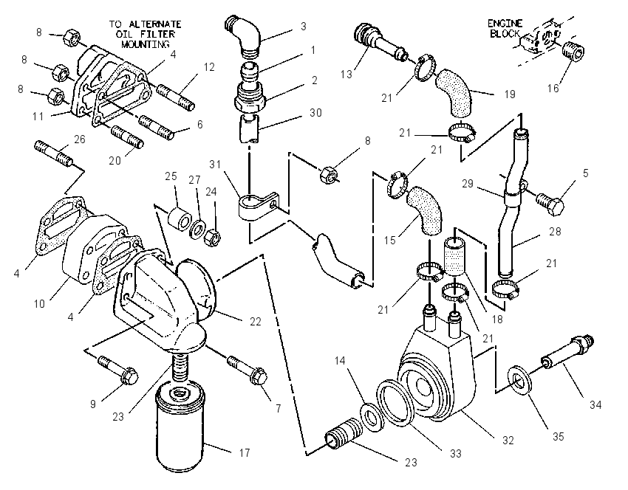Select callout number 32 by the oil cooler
pyautogui.click(x=508, y=441)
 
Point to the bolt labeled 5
pyautogui.click(x=550, y=204)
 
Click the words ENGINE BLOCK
pyautogui.click(x=505, y=28)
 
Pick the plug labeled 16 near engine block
pyautogui.click(x=573, y=52)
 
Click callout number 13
pyautogui.click(x=347, y=75)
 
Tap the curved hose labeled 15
pyautogui.click(x=425, y=210)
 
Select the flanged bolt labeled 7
pyautogui.click(x=248, y=370)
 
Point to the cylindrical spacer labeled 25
pyautogui.click(x=179, y=218)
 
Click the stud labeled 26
pyautogui.click(x=54, y=153)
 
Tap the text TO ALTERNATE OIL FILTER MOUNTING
pyautogui.click(x=146, y=34)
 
